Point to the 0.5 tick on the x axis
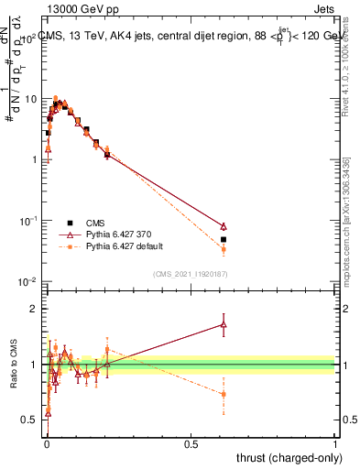click(x=191, y=444)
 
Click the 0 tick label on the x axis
click(x=47, y=444)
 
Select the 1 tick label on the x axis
click(x=335, y=444)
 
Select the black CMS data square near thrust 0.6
click(x=224, y=239)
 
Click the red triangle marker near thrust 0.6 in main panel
click(x=224, y=226)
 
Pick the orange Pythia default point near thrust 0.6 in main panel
click(x=224, y=249)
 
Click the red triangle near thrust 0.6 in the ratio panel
click(x=224, y=323)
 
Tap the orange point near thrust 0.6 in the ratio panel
click(x=224, y=394)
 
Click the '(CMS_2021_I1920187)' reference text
click(x=191, y=274)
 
